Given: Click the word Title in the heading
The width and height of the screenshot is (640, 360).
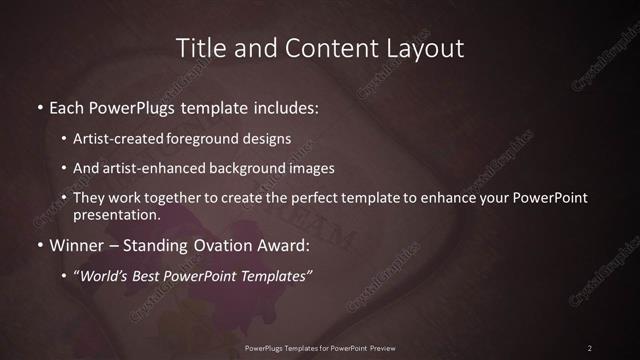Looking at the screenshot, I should click(198, 48).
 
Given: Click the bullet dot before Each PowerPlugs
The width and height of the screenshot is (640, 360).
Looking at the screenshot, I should click(40, 107).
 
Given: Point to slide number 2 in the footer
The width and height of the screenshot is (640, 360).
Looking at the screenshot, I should click(590, 347).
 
